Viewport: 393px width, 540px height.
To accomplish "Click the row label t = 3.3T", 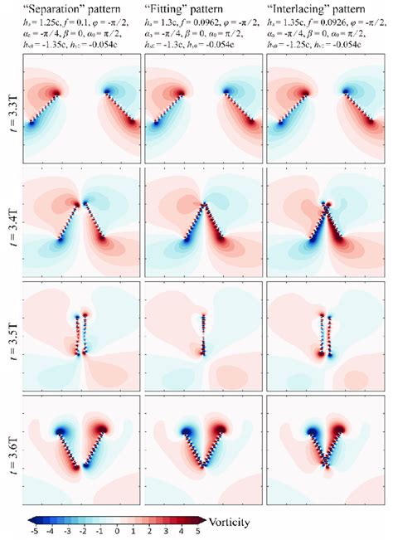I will click(12, 109).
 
